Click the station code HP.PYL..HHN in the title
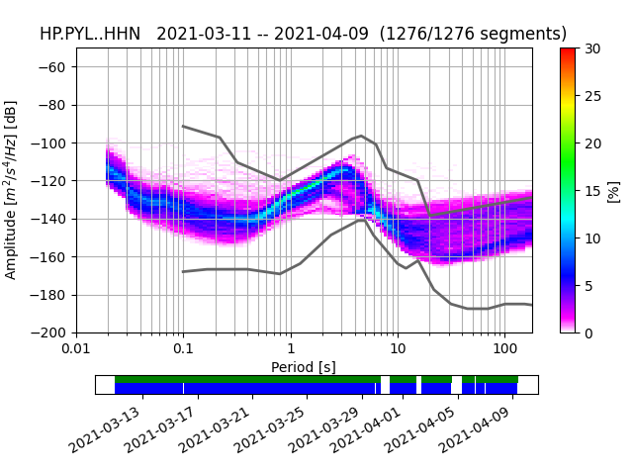pos(91,34)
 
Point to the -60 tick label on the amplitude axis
pos(54,67)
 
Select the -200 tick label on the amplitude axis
pos(50,332)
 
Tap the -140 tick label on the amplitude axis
pos(50,219)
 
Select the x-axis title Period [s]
pos(304,367)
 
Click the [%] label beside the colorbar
pos(613,190)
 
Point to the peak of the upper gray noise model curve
pos(361,136)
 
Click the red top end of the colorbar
pos(568,50)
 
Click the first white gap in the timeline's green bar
pos(386,379)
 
